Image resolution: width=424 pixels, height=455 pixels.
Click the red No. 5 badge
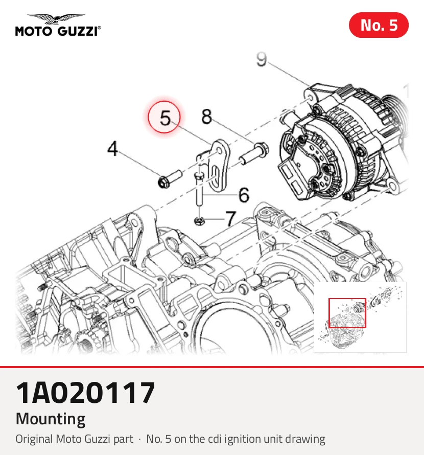(x=379, y=25)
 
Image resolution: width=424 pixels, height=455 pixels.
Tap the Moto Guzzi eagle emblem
(x=56, y=19)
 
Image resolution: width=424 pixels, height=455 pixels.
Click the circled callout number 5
(x=164, y=117)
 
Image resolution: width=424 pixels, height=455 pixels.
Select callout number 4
(x=112, y=149)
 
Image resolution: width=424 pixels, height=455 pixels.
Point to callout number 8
(x=206, y=117)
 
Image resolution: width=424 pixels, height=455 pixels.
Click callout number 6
(x=244, y=195)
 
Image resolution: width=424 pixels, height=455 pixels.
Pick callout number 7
(x=231, y=218)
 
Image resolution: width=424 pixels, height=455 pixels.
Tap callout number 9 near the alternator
(x=262, y=59)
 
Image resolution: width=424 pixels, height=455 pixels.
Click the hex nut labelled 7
(x=199, y=221)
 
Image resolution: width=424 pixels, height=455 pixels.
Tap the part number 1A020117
(x=85, y=393)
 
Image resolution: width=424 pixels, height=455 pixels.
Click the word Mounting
(x=51, y=419)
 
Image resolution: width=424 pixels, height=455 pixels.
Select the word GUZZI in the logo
(x=78, y=31)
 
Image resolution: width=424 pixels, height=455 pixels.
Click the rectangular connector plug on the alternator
(x=292, y=178)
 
